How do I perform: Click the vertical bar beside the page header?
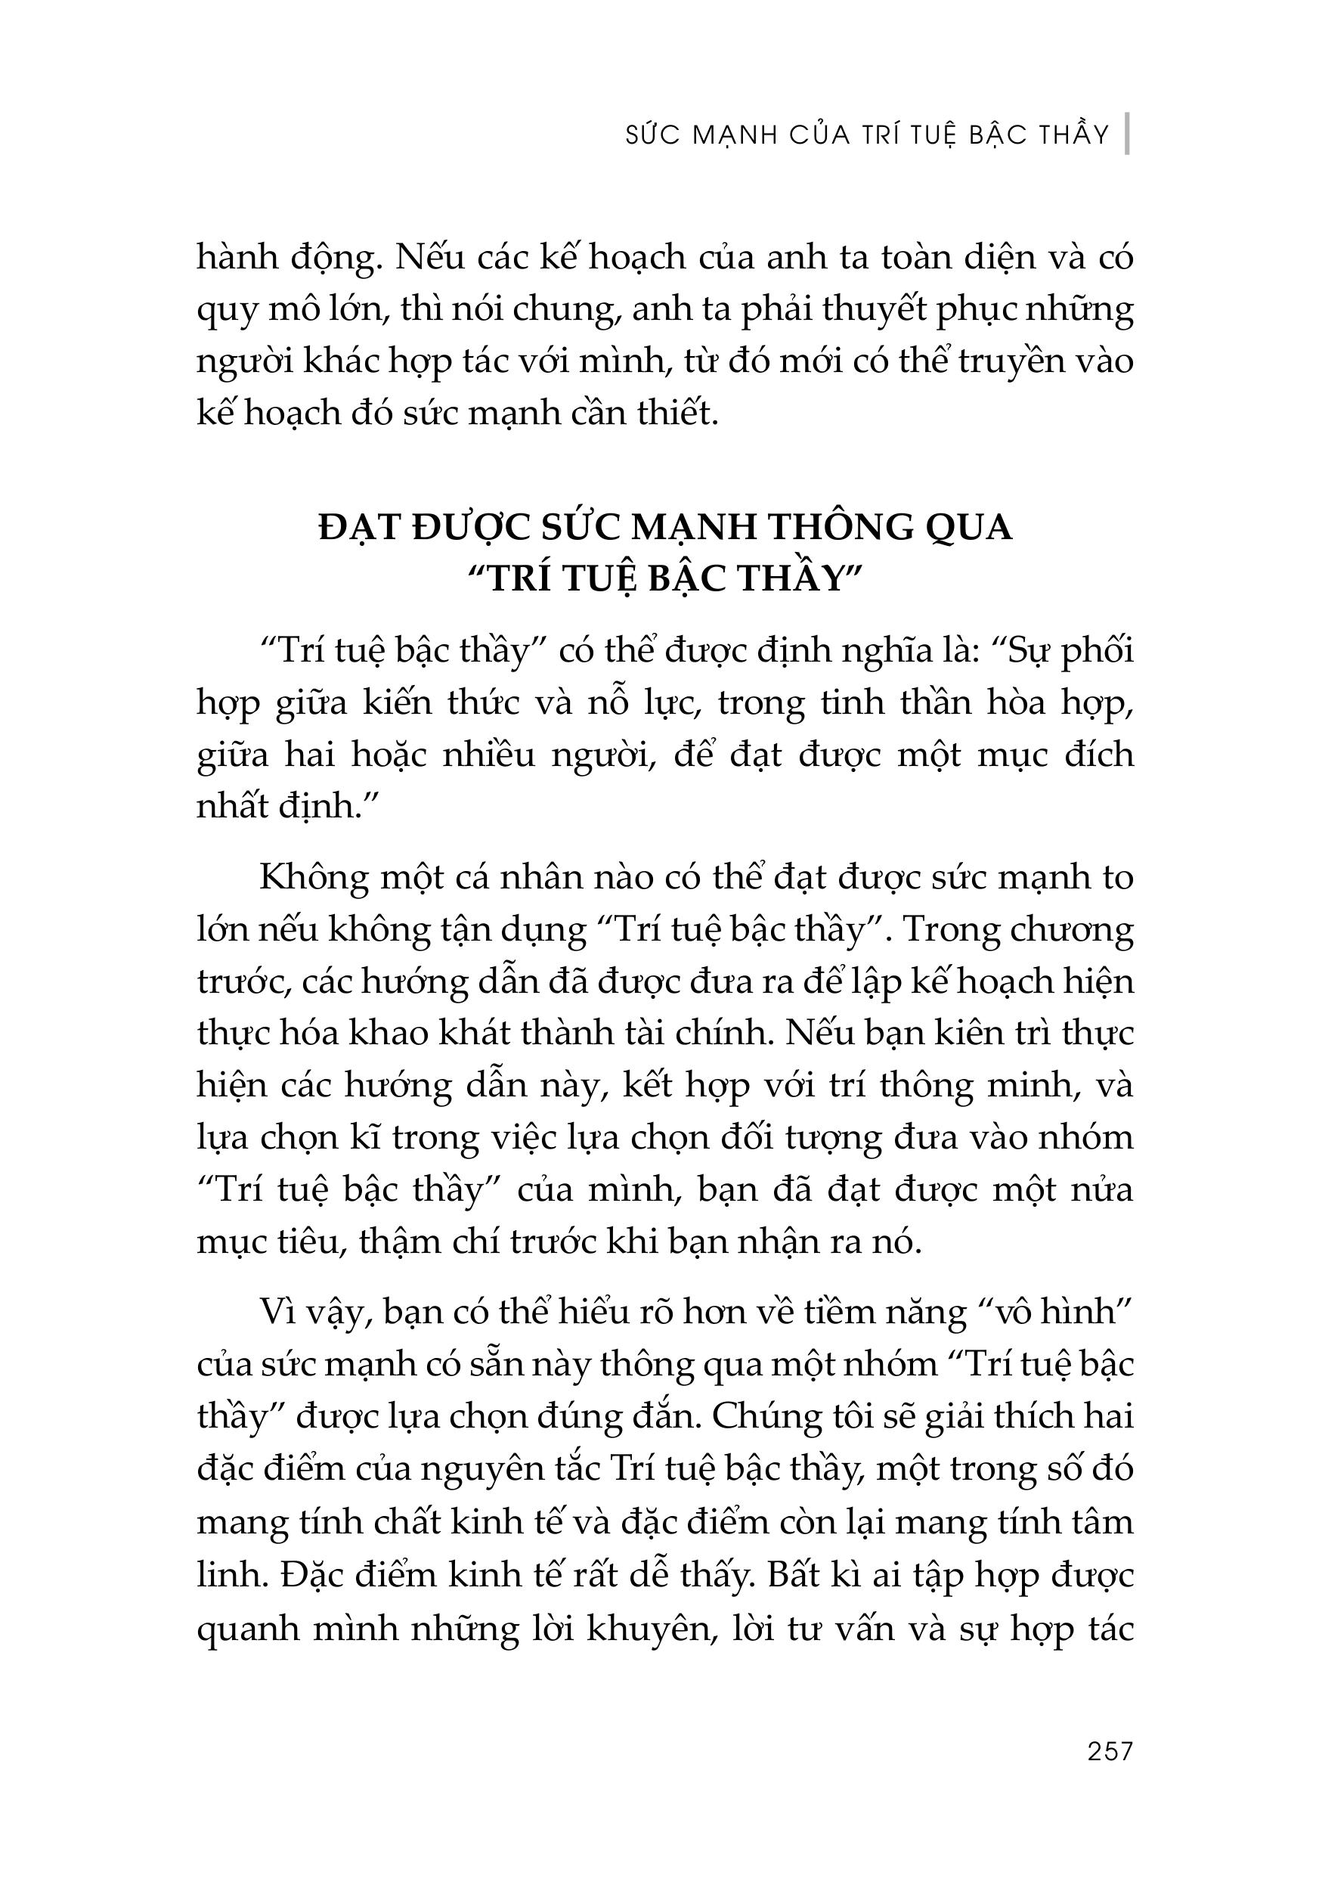click(1128, 133)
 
